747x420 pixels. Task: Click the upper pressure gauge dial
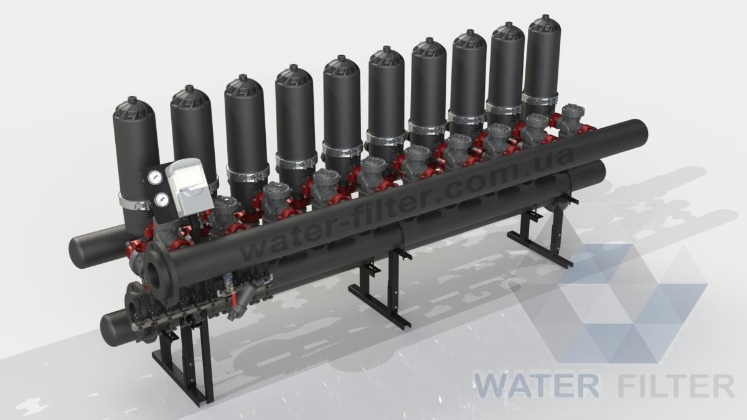point(154,178)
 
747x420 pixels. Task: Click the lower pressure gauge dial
point(162,199)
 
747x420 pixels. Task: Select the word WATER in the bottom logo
point(536,386)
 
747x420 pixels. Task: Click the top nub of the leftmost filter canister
point(133,100)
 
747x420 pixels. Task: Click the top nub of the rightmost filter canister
point(545,17)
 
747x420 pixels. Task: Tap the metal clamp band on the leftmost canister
point(133,202)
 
